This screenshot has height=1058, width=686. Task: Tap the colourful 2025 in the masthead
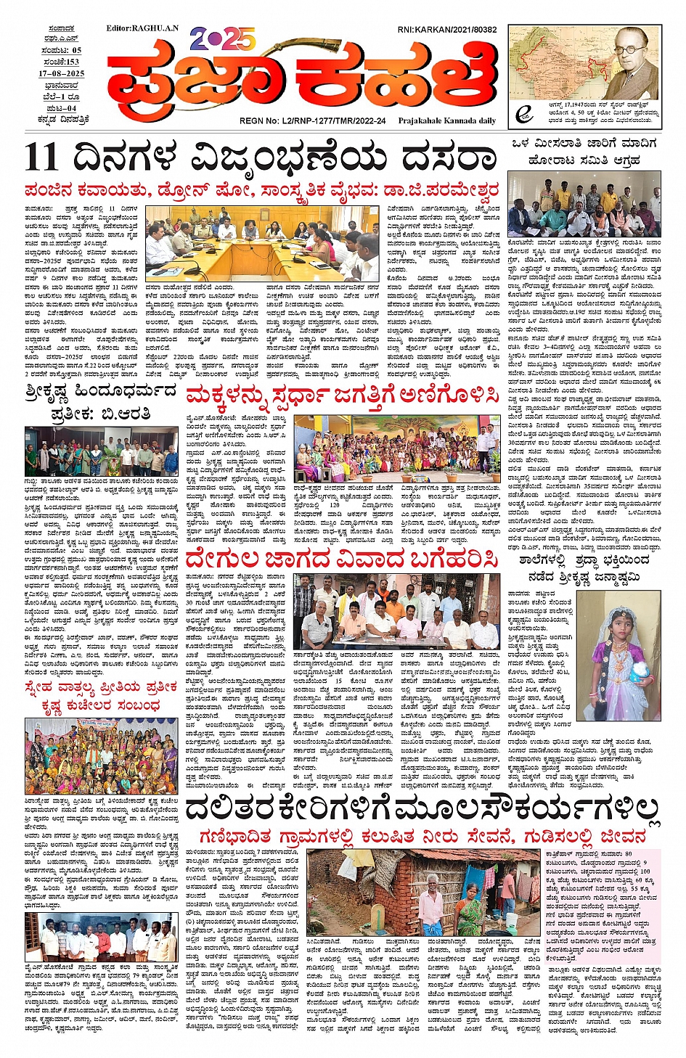tap(223, 39)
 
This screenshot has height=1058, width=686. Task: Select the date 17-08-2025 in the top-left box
tap(62, 74)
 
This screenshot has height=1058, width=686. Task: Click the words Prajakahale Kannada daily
tap(447, 121)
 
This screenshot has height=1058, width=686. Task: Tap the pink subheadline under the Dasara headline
tap(262, 191)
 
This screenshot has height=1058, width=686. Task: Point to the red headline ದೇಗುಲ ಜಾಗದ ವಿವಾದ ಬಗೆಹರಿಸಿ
tap(342, 560)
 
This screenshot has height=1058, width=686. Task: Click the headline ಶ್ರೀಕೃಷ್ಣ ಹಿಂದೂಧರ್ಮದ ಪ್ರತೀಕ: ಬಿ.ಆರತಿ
tap(101, 402)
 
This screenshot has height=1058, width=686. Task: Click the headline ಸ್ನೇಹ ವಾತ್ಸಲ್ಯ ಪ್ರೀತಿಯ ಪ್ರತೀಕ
tap(100, 687)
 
